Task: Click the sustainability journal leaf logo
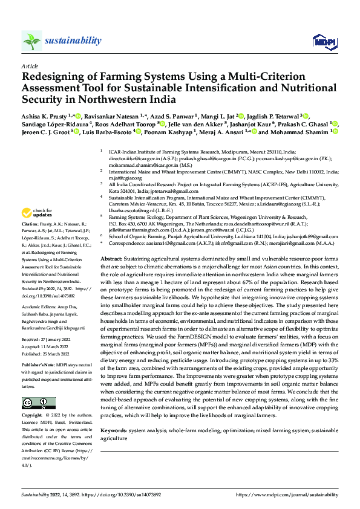32,41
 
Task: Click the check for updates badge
36,213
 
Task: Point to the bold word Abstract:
113,258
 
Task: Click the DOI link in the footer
124,494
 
